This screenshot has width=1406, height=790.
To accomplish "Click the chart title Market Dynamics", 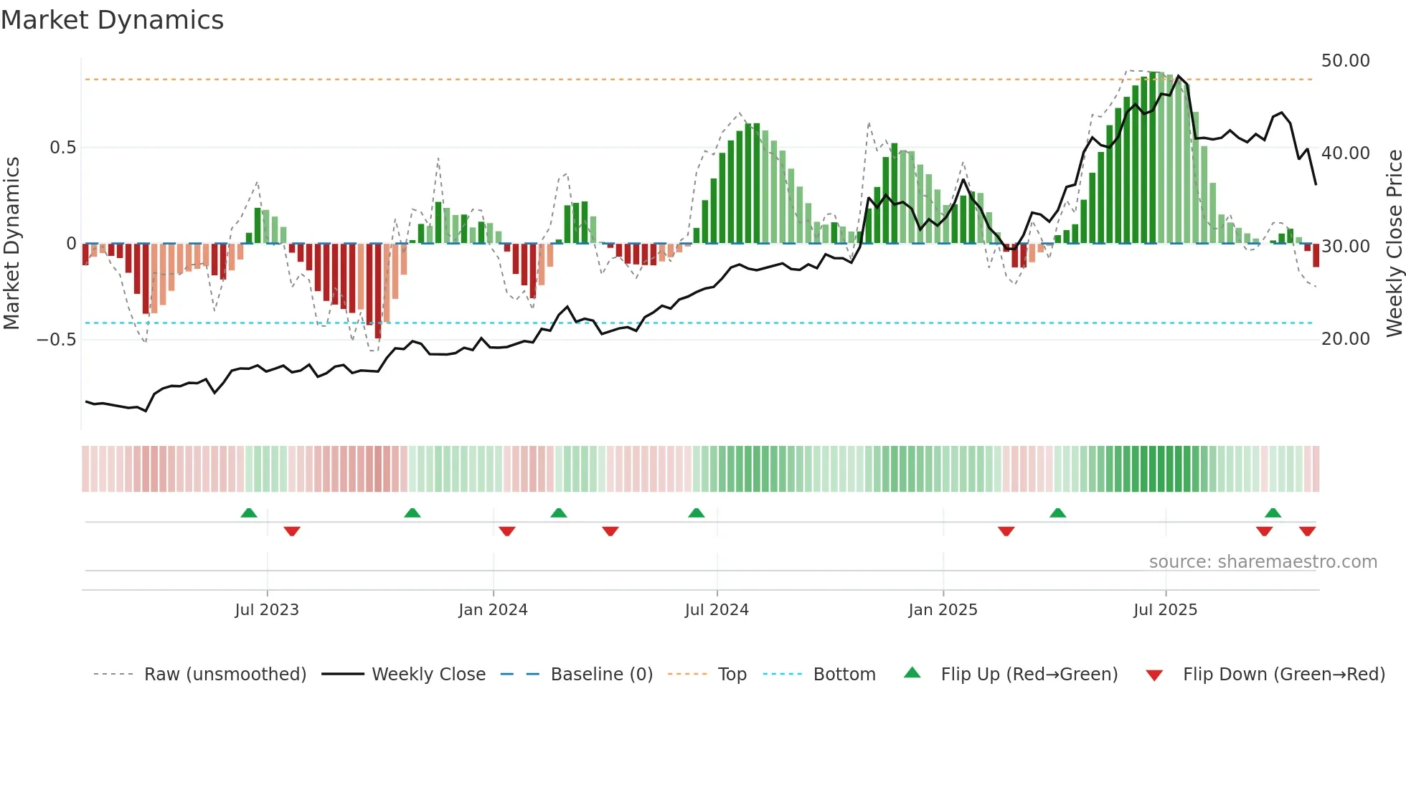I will point(113,20).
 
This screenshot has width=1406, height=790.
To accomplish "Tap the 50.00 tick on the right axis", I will point(1345,61).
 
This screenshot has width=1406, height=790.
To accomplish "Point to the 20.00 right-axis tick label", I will point(1345,339).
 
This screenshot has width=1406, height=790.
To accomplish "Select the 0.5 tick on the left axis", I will point(62,148).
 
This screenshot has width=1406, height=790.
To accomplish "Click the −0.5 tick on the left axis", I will point(57,340).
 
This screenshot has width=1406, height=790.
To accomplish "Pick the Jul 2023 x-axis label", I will point(267,610).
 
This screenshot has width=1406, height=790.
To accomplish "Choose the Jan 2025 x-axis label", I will point(943,610).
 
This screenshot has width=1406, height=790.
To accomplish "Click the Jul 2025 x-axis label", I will point(1165,610).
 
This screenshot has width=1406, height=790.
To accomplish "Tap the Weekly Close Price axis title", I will point(1394,244).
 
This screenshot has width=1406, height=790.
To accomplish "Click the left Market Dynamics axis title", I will point(11,244).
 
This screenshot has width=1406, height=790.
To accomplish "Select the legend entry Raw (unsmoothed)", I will point(225,675).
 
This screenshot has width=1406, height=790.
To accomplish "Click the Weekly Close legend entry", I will point(428,675).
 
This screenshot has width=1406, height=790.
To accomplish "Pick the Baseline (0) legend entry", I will point(601,675).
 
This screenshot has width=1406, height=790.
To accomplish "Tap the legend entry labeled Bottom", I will point(844,675).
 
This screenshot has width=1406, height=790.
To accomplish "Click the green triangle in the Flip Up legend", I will point(912,672).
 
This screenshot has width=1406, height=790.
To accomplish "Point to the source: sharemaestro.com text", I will point(1263,562).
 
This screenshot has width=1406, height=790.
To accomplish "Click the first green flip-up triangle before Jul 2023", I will point(249,513).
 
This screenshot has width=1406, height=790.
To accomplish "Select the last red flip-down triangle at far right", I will point(1307,531).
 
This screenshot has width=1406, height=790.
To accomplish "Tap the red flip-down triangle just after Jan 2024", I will point(507,531).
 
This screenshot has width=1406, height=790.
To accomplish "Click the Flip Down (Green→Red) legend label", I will point(1283,675).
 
